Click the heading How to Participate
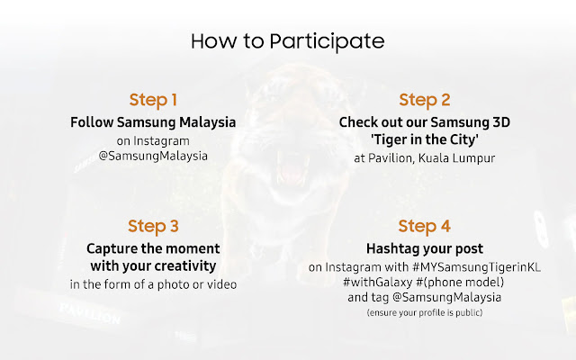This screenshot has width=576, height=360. (x=288, y=41)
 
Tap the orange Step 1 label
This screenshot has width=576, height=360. (x=153, y=100)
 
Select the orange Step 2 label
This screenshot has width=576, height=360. (x=425, y=100)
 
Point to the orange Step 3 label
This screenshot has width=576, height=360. (x=153, y=226)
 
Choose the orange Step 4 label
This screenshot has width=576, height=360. (x=425, y=226)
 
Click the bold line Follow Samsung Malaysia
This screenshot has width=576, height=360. (x=153, y=122)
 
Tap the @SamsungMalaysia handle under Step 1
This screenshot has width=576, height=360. (x=153, y=156)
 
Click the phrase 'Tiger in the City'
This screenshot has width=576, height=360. (x=425, y=139)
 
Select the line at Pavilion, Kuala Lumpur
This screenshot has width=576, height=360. (x=425, y=158)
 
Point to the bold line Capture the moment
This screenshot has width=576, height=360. (x=153, y=248)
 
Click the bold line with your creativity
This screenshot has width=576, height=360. (x=153, y=266)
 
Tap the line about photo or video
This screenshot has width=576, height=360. (x=153, y=284)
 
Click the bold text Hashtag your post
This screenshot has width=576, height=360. (x=425, y=248)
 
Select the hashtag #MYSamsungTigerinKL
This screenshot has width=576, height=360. (x=476, y=267)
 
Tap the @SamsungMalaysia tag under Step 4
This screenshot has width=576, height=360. (x=446, y=297)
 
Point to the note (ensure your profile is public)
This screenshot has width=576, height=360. (x=425, y=312)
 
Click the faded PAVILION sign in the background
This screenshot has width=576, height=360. (x=90, y=313)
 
